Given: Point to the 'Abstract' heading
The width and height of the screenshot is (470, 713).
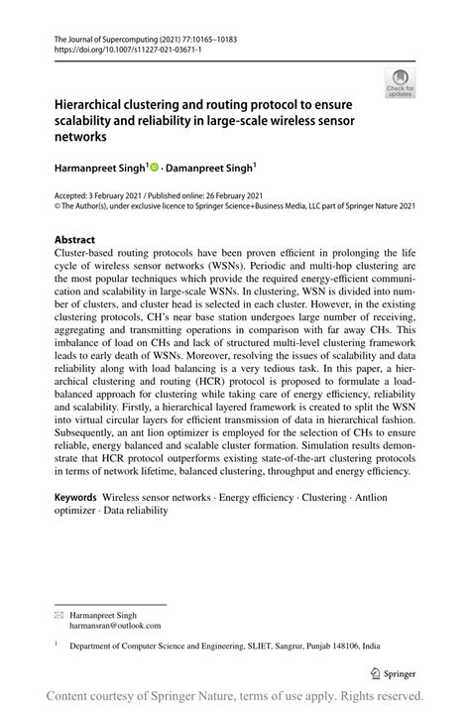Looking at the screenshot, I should [x=74, y=240].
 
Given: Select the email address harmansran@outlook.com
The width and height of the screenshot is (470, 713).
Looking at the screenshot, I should [x=114, y=626].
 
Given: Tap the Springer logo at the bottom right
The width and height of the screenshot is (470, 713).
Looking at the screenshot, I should [x=396, y=671].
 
